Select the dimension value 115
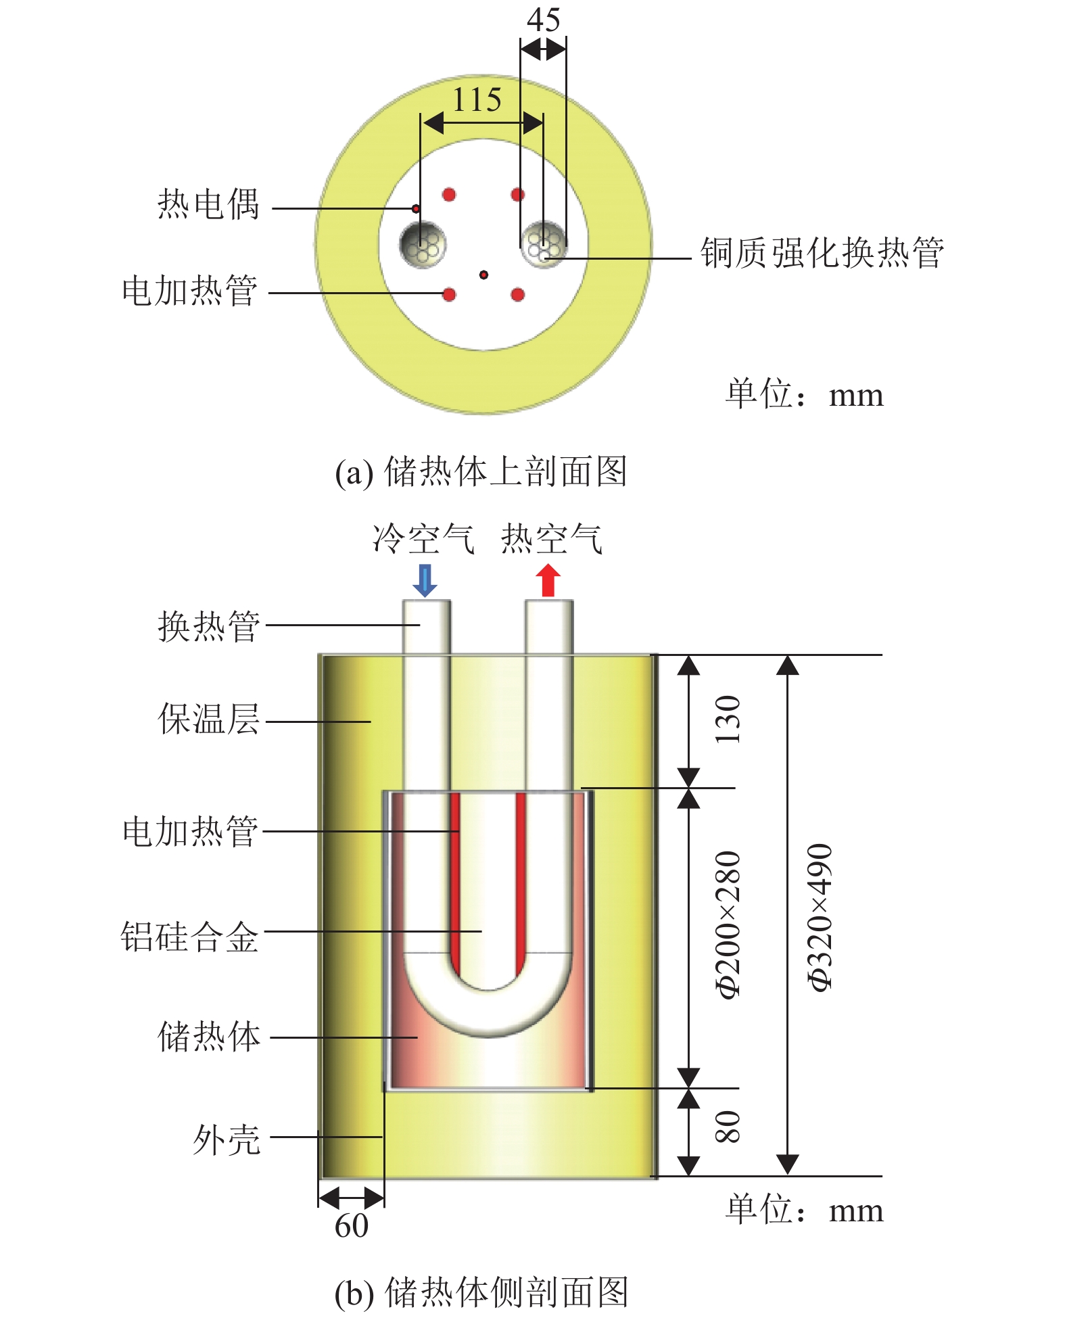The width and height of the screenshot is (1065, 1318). [x=477, y=100]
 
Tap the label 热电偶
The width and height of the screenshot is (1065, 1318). [x=208, y=204]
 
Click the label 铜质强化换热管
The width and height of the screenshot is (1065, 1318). [x=822, y=253]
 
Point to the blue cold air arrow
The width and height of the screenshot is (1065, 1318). [x=425, y=581]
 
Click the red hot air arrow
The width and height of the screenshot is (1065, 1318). [x=548, y=581]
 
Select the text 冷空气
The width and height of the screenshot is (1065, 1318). [x=423, y=539]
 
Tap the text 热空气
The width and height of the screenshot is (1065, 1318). [x=551, y=539]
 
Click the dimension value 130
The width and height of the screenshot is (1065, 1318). [x=728, y=719]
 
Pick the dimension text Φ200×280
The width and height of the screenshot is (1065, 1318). [x=728, y=924]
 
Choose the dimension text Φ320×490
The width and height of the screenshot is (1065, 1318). [x=820, y=917]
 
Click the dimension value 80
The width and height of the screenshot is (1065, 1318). [x=728, y=1127]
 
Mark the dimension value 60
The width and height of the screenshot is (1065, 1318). [x=352, y=1225]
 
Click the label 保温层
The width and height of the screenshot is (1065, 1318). [x=208, y=719]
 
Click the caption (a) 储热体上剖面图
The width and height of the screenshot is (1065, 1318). [x=481, y=471]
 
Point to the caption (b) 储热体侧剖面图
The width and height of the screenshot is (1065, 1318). [x=481, y=1292]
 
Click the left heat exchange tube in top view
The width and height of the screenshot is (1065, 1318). [x=423, y=245]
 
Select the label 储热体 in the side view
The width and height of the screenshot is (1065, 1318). [x=208, y=1037]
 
